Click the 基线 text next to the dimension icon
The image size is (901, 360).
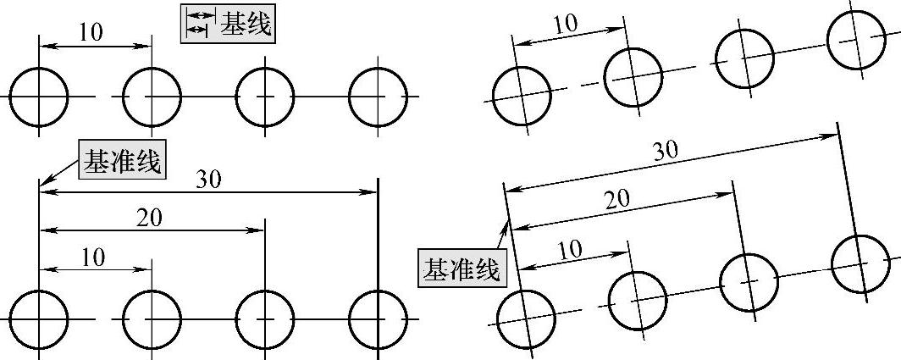tap(246, 25)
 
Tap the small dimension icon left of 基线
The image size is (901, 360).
tap(197, 24)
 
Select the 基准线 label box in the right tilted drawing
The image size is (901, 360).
tap(462, 269)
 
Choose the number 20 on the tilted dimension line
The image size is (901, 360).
tap(617, 199)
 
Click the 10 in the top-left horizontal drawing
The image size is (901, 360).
tap(91, 32)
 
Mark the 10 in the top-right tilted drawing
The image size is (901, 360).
tap(564, 25)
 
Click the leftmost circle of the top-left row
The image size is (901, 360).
tap(39, 96)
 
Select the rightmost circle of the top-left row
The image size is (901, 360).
tap(379, 96)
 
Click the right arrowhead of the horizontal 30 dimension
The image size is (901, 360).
tap(372, 193)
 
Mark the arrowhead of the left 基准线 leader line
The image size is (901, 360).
tap(43, 184)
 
